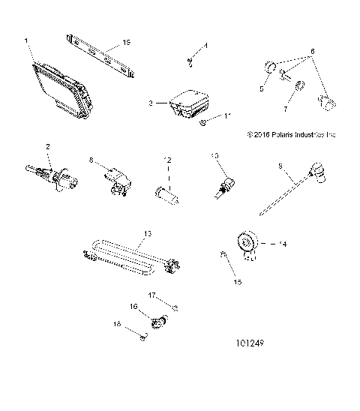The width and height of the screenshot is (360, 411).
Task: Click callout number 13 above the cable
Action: (147, 235)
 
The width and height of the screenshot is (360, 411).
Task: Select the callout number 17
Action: (151, 295)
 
